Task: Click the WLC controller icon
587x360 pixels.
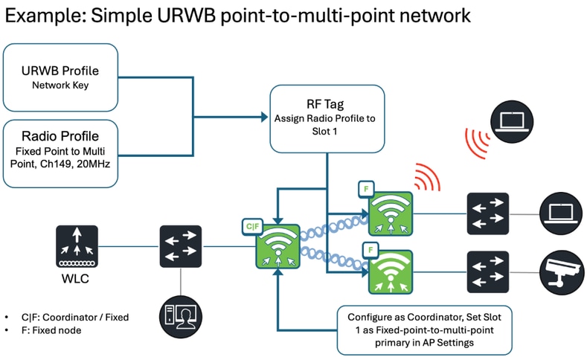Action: point(77,247)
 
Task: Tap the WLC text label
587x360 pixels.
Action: point(77,281)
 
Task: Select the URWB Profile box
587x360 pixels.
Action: point(60,77)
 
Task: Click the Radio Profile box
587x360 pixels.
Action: point(60,153)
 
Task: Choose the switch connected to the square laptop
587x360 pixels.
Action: point(487,213)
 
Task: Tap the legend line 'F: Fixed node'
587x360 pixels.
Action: point(49,329)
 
